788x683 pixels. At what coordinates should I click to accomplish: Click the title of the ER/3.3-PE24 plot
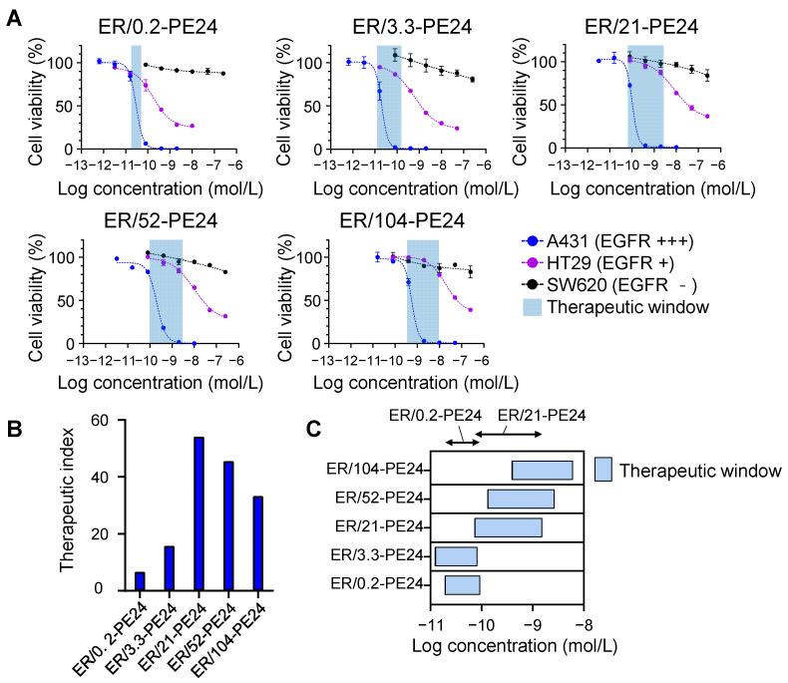point(406,25)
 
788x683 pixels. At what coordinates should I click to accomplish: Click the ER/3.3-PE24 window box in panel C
point(456,556)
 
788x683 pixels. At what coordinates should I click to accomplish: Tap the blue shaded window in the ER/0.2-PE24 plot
point(137,96)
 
